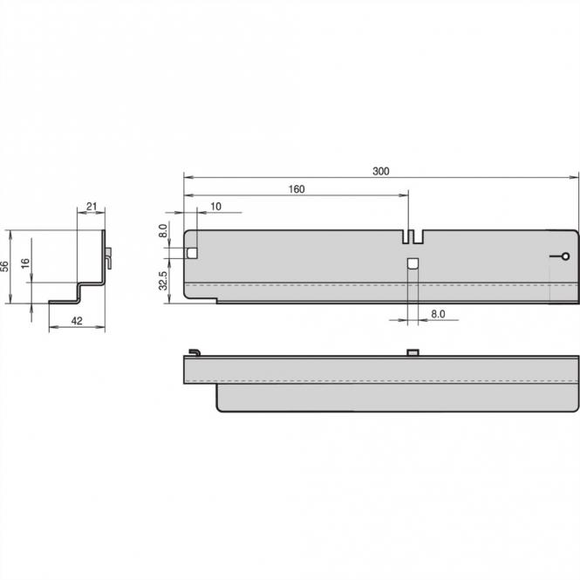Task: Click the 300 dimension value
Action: pos(380,172)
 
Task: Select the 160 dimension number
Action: pos(296,189)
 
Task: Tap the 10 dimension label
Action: pos(215,206)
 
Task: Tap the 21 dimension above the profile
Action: pos(92,207)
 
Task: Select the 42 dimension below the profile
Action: pos(76,321)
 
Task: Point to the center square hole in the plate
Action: pos(413,263)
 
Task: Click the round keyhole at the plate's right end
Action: pos(564,256)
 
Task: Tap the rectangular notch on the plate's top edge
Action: pos(413,236)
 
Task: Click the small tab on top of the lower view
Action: pos(413,351)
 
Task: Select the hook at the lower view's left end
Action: pos(194,351)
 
